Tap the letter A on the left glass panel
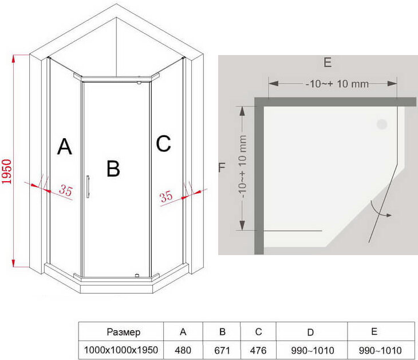(65, 147)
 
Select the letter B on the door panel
(113, 169)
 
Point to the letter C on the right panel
(163, 144)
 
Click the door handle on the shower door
(88, 187)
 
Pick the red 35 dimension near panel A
(66, 191)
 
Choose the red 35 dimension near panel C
(166, 197)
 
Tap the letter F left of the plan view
(222, 167)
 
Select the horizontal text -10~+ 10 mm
(336, 84)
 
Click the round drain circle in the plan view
(381, 124)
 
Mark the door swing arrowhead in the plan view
(388, 216)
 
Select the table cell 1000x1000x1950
(121, 350)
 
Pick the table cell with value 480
(183, 350)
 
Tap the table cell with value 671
(222, 350)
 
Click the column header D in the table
(310, 332)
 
